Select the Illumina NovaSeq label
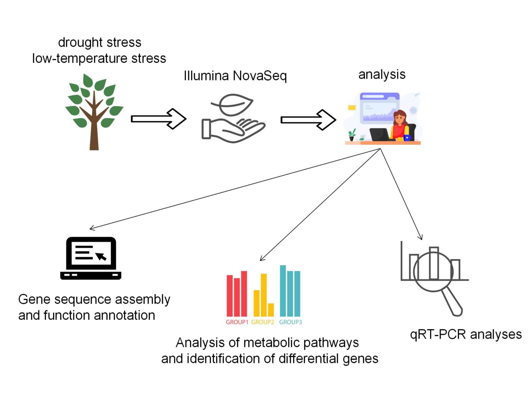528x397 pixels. tap(235, 76)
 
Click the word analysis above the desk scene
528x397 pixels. tap(382, 74)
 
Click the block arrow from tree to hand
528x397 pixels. tap(158, 119)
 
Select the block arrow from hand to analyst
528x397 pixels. tap(308, 120)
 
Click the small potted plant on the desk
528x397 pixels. tap(352, 134)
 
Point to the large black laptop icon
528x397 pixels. tap(91, 258)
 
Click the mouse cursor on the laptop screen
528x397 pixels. tap(101, 256)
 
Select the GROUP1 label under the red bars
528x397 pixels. tap(237, 322)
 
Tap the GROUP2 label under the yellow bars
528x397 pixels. tap(263, 322)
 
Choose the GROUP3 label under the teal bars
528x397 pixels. tap(291, 322)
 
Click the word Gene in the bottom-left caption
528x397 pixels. tap(34, 300)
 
